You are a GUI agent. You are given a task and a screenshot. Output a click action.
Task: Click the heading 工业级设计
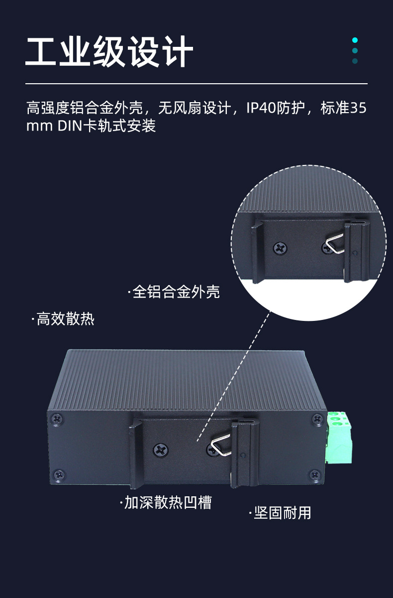(x=109, y=51)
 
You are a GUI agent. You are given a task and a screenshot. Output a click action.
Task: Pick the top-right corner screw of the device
(x=317, y=419)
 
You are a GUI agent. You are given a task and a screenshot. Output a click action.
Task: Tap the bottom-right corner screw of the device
(x=314, y=474)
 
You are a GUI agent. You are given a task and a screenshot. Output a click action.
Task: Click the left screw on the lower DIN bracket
(x=161, y=449)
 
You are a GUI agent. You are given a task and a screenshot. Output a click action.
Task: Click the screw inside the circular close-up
(x=281, y=247)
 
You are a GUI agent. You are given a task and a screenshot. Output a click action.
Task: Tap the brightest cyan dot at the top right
(x=355, y=40)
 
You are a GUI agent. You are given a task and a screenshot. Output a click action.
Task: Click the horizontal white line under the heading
(x=196, y=83)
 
